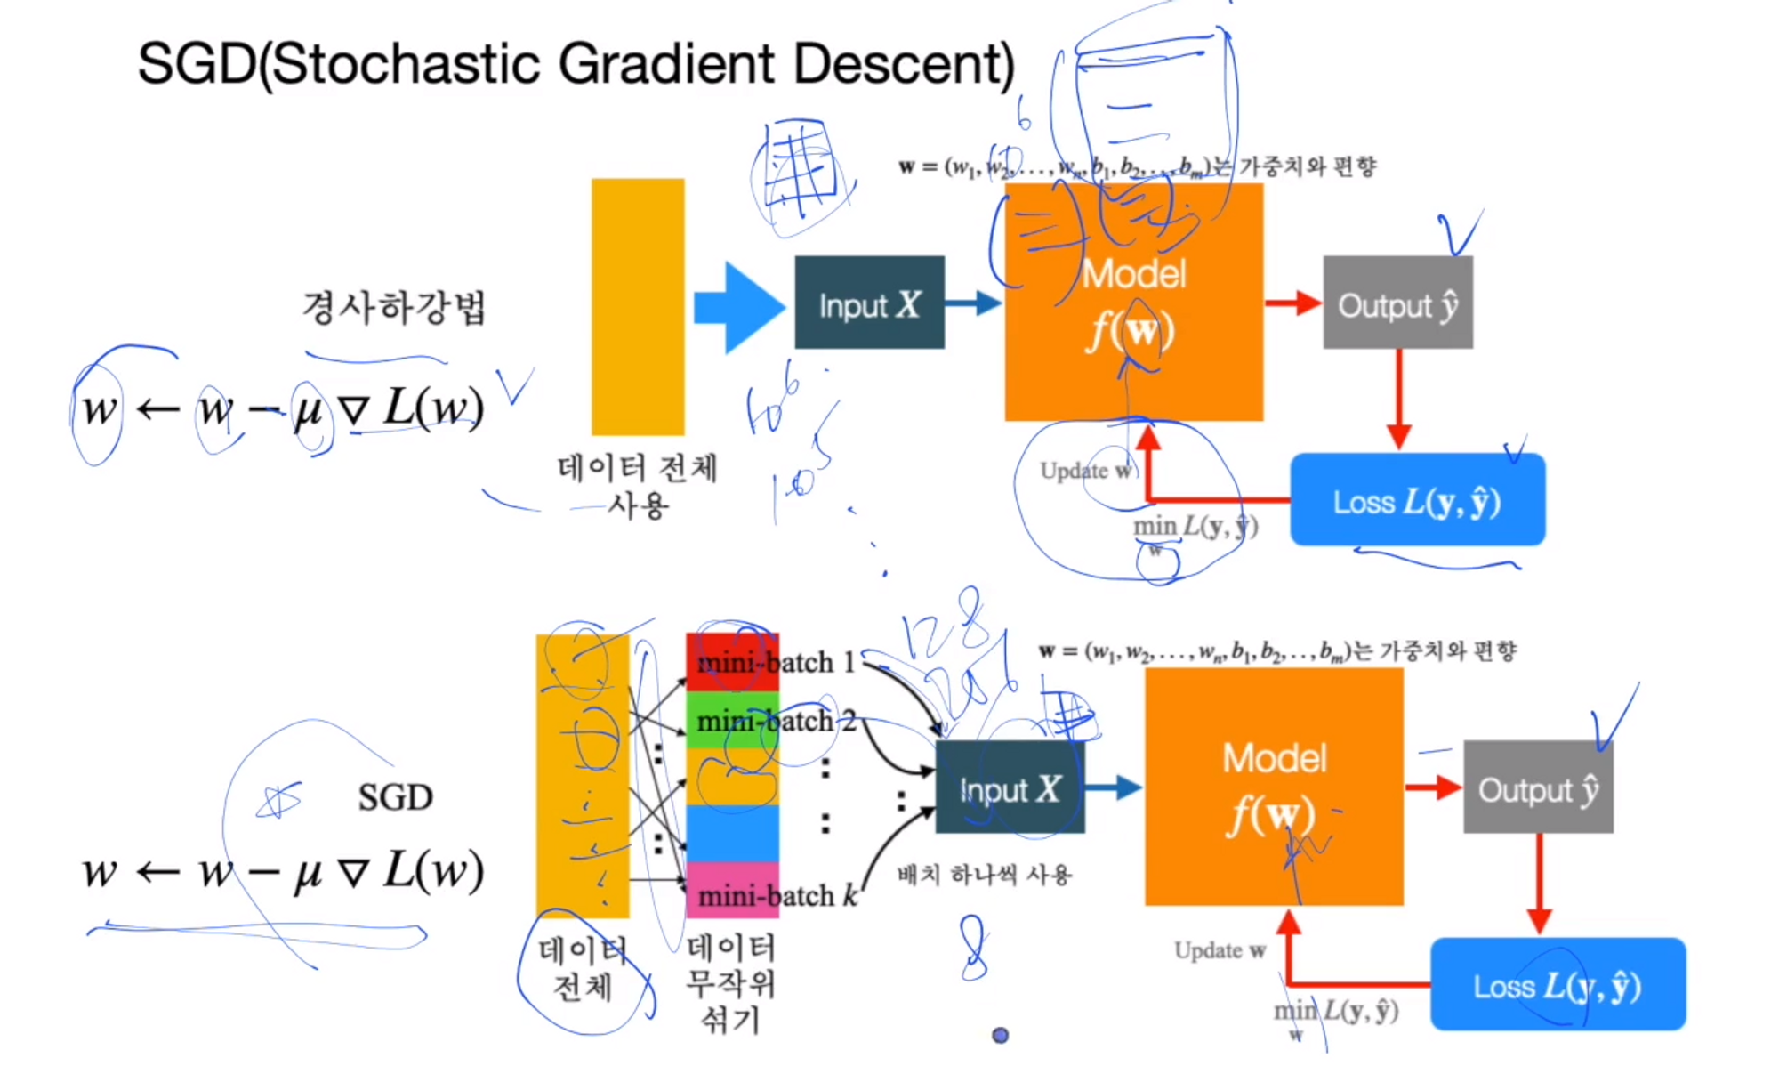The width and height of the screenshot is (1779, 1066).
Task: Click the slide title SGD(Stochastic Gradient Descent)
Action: click(576, 64)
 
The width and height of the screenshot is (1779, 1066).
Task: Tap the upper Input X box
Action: click(869, 303)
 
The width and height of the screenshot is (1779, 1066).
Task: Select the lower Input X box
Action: click(1010, 787)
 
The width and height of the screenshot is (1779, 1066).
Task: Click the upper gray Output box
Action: click(1397, 303)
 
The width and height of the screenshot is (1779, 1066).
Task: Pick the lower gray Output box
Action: click(1538, 787)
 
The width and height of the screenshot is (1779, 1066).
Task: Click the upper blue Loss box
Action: click(1417, 500)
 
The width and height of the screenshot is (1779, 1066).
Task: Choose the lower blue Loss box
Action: click(1558, 984)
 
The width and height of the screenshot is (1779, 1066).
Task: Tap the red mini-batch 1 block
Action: click(732, 662)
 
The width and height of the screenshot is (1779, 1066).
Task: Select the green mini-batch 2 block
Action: click(732, 720)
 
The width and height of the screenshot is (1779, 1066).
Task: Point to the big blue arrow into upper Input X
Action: click(738, 307)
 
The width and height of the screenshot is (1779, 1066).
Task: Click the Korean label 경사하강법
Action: click(394, 308)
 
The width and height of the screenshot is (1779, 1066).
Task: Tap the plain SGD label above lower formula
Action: click(395, 797)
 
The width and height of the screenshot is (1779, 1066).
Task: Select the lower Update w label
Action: click(1220, 950)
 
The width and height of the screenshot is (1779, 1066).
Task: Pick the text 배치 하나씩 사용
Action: click(985, 875)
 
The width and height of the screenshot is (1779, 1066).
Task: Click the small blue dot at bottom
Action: click(1000, 1035)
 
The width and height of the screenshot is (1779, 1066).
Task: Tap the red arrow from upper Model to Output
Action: click(1292, 303)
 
